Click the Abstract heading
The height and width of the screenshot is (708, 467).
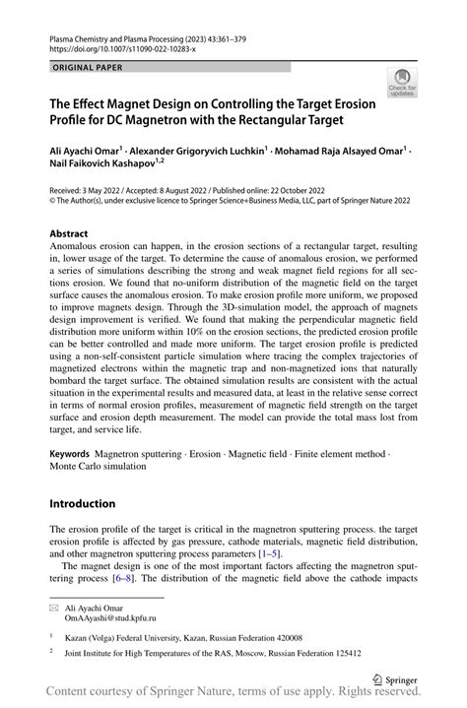[x=74, y=234]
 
